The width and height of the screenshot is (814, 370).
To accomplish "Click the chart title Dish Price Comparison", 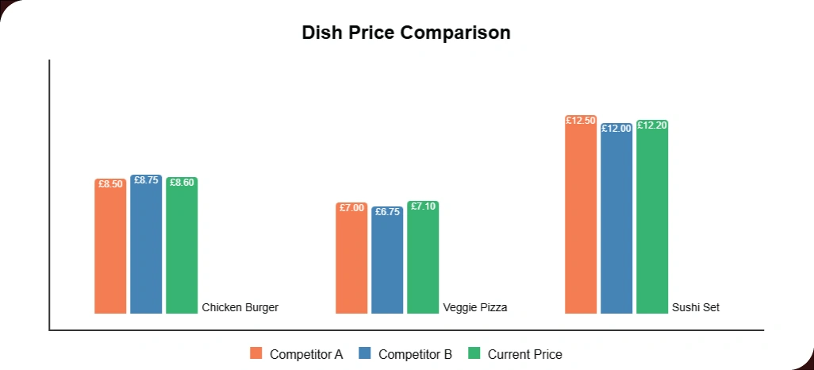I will [406, 33].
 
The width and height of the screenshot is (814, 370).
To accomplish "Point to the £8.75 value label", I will [146, 180].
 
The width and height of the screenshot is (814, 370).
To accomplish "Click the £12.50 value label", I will [581, 121].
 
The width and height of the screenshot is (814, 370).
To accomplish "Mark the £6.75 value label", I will [387, 212].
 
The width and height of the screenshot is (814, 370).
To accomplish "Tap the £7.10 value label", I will [423, 206].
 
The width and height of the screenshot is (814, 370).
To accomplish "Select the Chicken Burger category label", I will [240, 307].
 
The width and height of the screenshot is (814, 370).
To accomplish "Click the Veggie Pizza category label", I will [475, 307].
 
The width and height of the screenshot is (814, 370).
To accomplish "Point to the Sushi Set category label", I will [696, 307].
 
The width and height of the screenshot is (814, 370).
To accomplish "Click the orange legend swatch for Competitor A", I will [256, 354].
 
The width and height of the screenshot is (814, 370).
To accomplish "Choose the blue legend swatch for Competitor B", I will [365, 354].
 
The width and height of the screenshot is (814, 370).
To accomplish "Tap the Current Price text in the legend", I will [524, 354].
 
